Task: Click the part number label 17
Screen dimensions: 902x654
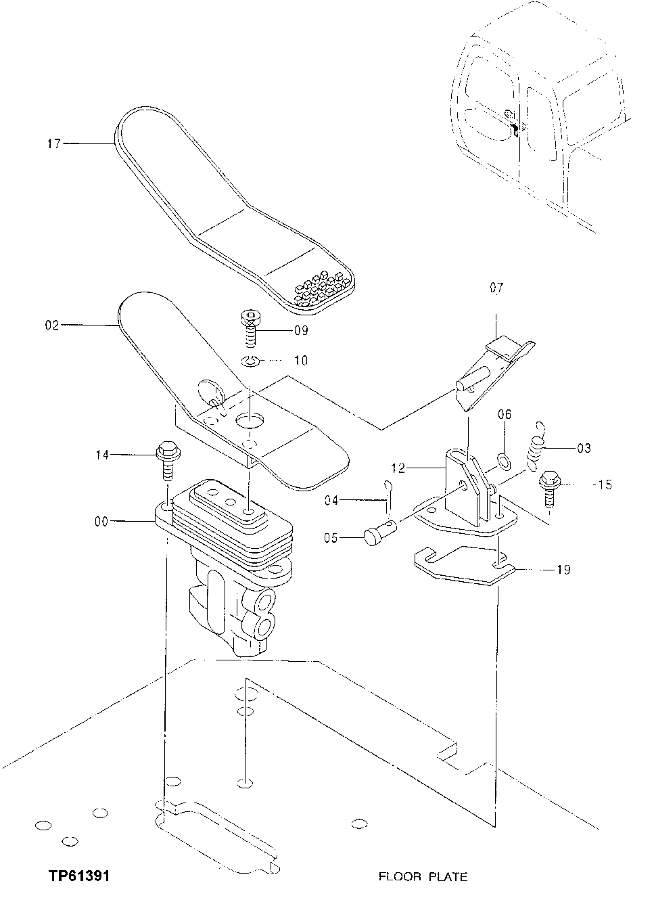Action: tap(54, 143)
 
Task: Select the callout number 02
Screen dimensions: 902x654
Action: tap(52, 325)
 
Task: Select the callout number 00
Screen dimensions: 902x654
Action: tap(101, 521)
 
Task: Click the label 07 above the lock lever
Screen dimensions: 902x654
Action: tap(496, 288)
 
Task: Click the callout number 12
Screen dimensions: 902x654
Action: tap(398, 467)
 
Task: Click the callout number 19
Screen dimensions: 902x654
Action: tap(563, 570)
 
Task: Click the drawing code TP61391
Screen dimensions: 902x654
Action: tap(79, 876)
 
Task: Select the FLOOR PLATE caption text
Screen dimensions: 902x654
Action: tap(422, 877)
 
